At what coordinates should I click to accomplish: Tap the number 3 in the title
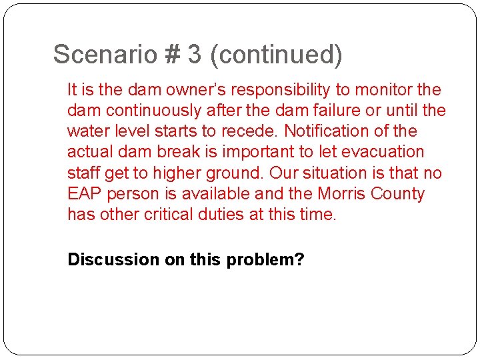coord(195,55)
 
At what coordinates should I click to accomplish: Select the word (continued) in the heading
coord(276,55)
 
